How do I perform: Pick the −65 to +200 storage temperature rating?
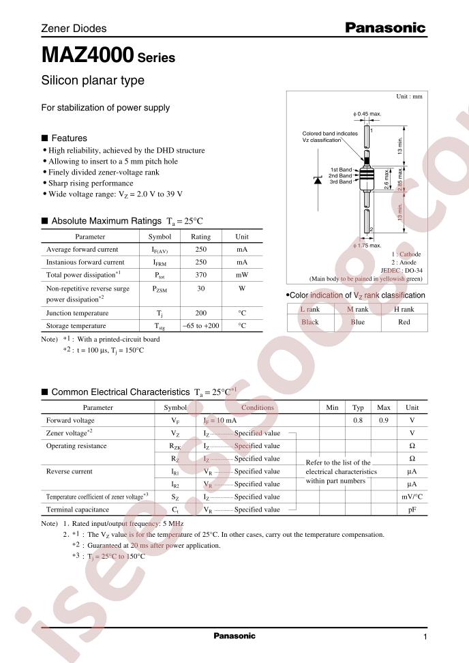200,326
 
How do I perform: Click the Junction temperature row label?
76,313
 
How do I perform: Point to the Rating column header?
200,237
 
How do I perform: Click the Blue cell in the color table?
358,322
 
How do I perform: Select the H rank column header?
404,310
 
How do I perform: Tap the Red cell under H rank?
404,322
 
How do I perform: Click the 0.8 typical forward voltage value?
358,421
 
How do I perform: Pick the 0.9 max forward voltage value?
384,421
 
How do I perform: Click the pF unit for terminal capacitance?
412,510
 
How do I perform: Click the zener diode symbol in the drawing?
318,180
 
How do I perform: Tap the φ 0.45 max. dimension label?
367,113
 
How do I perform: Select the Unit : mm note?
409,97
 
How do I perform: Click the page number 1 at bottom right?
424,637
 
